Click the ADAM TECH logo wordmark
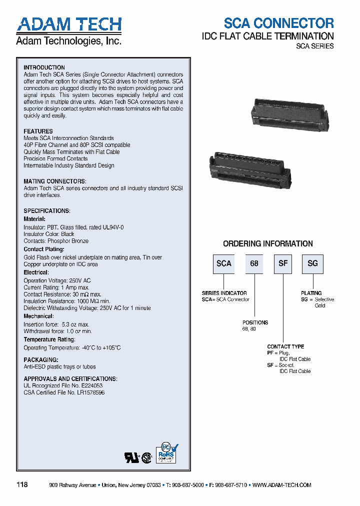click(x=69, y=24)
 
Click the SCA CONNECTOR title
click(x=278, y=23)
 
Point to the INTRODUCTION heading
click(x=44, y=67)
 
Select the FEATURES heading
click(x=38, y=131)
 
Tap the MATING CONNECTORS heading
click(x=55, y=181)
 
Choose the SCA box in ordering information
click(x=224, y=263)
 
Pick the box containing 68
click(x=254, y=263)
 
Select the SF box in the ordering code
click(x=283, y=263)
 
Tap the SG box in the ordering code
click(x=312, y=263)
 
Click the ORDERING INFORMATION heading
click(x=268, y=244)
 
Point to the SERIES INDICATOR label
click(x=224, y=293)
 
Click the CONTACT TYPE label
click(x=285, y=346)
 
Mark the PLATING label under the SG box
click(x=311, y=293)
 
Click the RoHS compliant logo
click(x=167, y=453)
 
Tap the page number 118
click(x=22, y=485)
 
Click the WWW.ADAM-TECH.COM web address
click(x=282, y=485)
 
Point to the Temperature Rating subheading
click(x=49, y=339)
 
